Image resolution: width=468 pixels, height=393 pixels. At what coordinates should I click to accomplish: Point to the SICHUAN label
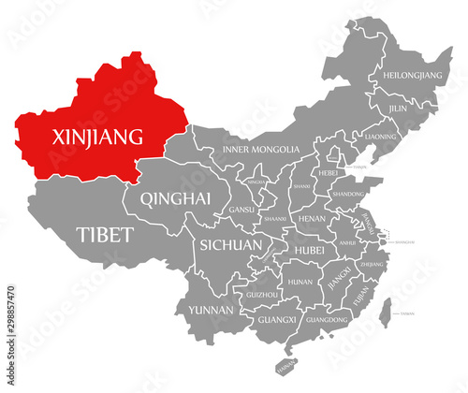point(228,245)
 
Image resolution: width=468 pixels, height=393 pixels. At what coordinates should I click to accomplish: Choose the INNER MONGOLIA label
point(262,150)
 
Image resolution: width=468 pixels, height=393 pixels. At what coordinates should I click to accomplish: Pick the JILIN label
point(399,109)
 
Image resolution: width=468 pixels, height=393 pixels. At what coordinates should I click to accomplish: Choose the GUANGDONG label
point(328,319)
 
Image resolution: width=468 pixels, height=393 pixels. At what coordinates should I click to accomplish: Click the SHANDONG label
point(349,194)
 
